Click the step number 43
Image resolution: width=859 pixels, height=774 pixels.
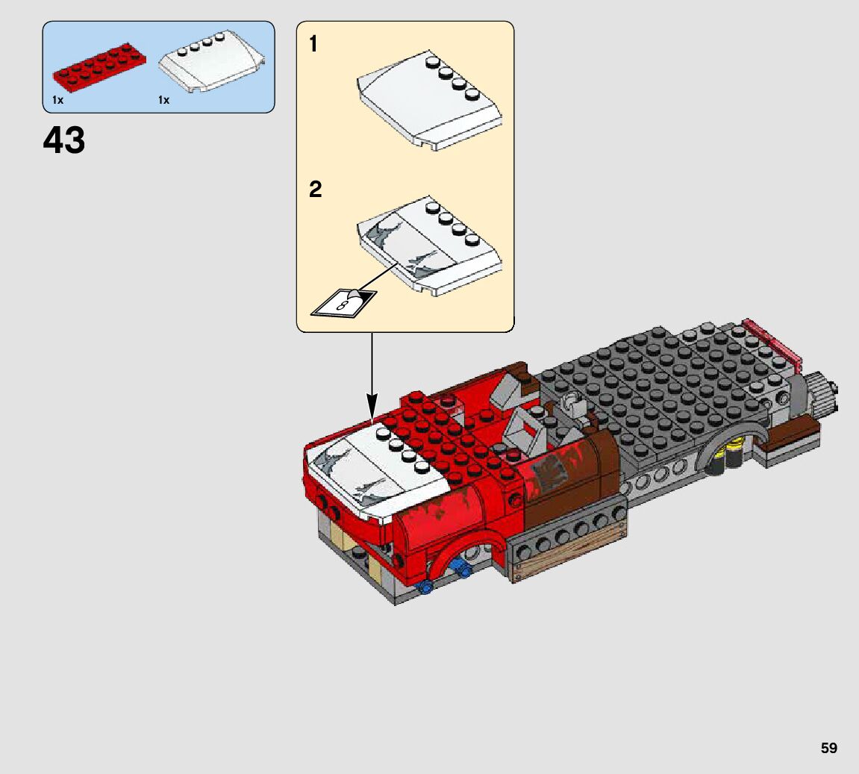(x=64, y=140)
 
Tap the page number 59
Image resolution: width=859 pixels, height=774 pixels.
(x=829, y=748)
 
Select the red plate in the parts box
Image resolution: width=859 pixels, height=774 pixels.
(x=99, y=67)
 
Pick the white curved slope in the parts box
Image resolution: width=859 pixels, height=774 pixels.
(x=211, y=61)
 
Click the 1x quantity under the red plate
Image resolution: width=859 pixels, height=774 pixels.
(x=58, y=100)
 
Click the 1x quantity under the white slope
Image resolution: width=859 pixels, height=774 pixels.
(x=163, y=100)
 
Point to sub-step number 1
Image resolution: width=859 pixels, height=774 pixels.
(x=313, y=44)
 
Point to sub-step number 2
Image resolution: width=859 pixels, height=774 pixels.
(x=315, y=190)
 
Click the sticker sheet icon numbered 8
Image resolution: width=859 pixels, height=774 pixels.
(x=343, y=302)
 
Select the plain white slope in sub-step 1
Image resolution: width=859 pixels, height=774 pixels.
(x=430, y=102)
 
